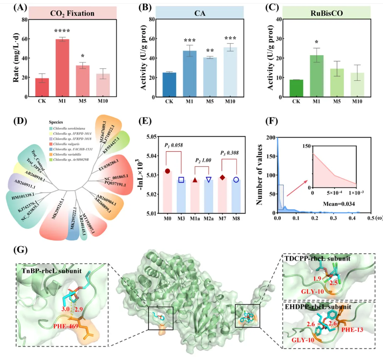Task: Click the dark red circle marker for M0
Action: [167, 171]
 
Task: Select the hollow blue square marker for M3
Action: [181, 180]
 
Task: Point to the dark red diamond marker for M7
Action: [222, 177]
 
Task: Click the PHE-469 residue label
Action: [69, 322]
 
